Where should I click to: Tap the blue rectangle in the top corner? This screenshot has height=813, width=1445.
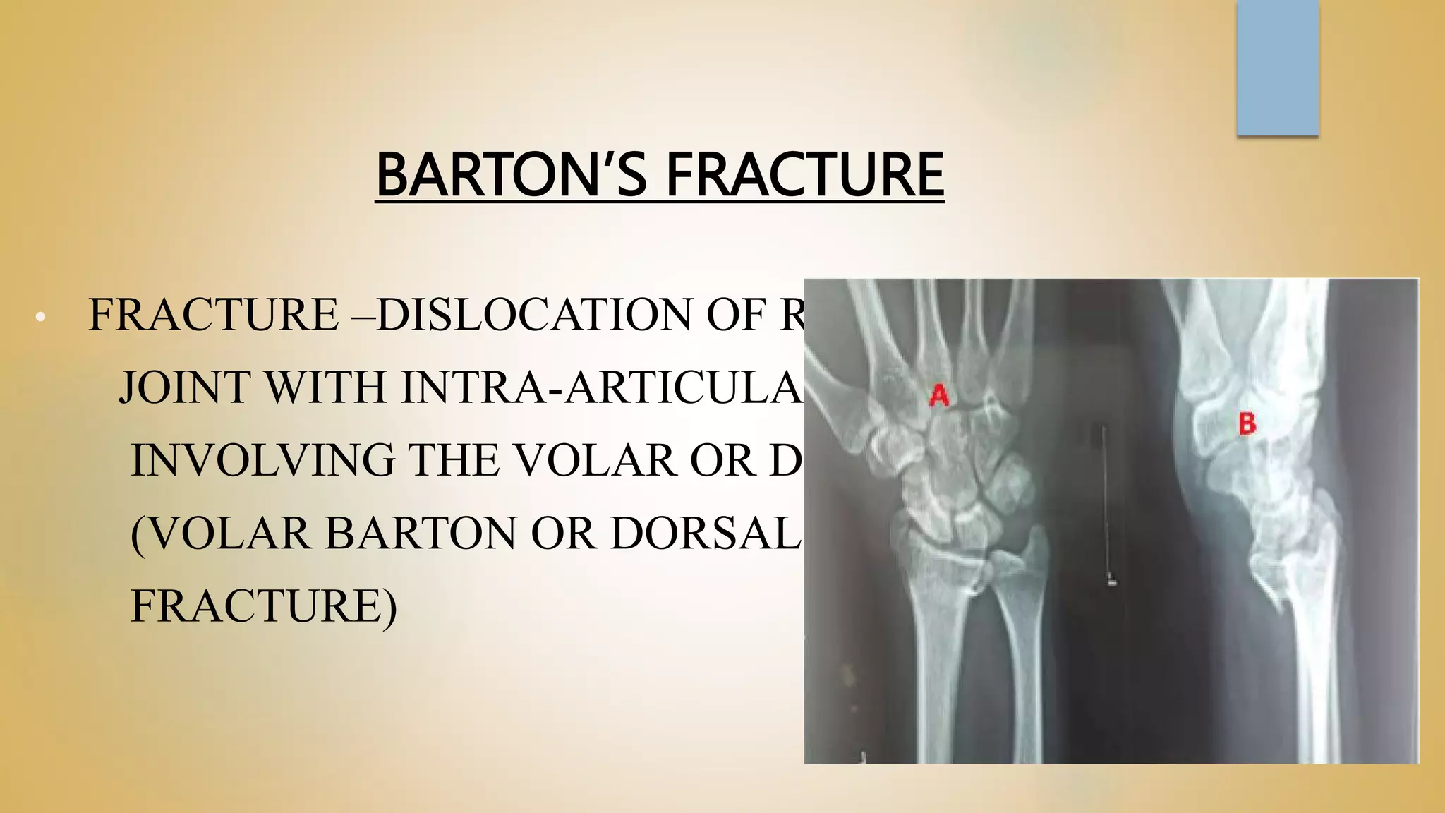coord(1277,67)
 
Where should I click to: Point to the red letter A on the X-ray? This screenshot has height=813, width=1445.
coord(938,395)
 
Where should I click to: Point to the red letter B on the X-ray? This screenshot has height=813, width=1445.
coord(1247,423)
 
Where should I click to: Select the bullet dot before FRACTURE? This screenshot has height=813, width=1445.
coord(40,318)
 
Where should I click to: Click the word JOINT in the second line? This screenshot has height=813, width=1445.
coord(185,387)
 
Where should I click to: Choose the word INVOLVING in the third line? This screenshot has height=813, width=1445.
coord(262,460)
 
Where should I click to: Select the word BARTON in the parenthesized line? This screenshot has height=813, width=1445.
coord(421,533)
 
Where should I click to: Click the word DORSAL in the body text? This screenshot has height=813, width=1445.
coord(706,533)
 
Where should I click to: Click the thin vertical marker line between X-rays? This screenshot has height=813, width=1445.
coord(1105,501)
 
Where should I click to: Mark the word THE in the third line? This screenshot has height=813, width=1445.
coord(453,460)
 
